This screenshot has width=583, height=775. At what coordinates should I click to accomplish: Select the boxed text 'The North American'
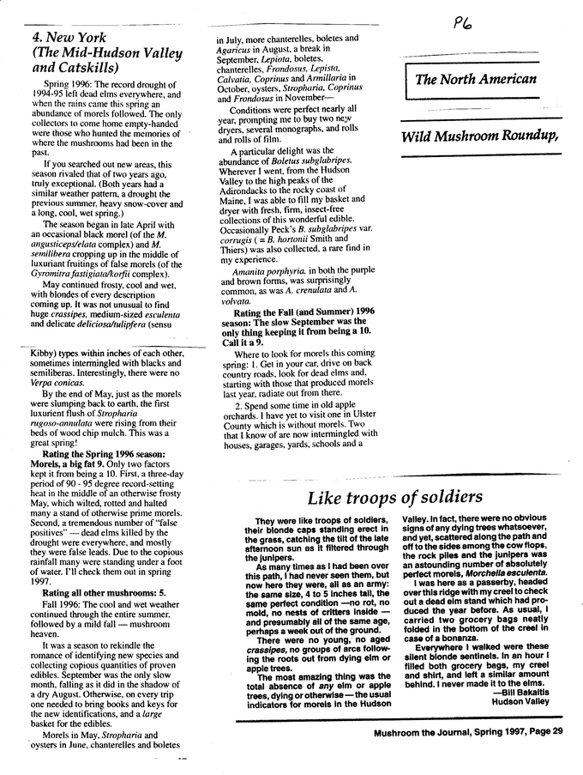click(476, 79)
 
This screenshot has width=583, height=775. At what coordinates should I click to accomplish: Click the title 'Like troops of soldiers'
click(395, 497)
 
